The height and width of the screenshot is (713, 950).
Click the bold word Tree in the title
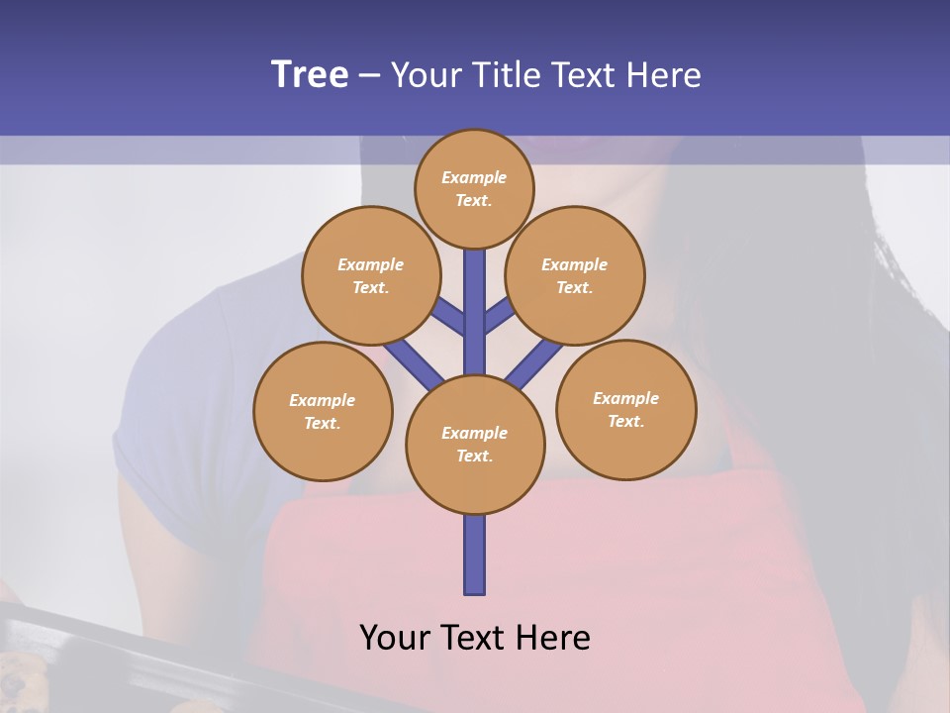[310, 74]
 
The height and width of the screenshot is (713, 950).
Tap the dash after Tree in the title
[369, 76]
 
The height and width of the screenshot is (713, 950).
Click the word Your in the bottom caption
[394, 638]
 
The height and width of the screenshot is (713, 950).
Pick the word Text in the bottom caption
[472, 638]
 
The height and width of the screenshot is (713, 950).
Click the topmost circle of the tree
[474, 188]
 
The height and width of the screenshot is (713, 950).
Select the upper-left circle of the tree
[370, 275]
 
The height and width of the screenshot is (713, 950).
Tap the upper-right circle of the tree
[574, 275]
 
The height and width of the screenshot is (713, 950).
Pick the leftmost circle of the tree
[322, 411]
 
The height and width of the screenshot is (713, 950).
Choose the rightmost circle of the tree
[625, 409]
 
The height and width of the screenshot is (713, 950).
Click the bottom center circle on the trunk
[474, 444]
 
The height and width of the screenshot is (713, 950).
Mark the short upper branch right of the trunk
[499, 314]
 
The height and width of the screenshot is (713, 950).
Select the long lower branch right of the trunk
[534, 363]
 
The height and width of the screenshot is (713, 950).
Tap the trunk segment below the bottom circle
[474, 555]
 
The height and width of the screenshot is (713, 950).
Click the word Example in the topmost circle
[474, 178]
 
